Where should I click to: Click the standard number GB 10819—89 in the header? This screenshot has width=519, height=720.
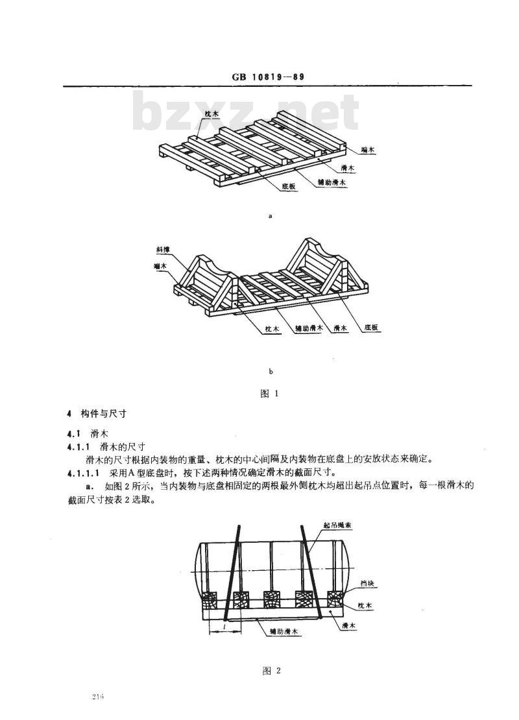(266, 77)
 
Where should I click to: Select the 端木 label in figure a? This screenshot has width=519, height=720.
(367, 150)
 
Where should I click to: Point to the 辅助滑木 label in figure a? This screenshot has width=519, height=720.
(332, 183)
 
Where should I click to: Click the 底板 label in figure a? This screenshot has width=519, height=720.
(289, 187)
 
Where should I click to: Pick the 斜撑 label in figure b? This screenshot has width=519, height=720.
(163, 250)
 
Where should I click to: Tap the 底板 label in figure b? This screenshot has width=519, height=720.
(371, 328)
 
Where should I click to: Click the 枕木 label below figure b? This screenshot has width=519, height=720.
(272, 330)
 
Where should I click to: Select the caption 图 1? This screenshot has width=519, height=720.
(270, 394)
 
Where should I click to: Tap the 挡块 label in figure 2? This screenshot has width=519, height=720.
(367, 584)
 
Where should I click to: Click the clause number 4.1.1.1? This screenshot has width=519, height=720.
(83, 472)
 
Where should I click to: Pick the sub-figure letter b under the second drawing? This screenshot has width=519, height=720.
(271, 372)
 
